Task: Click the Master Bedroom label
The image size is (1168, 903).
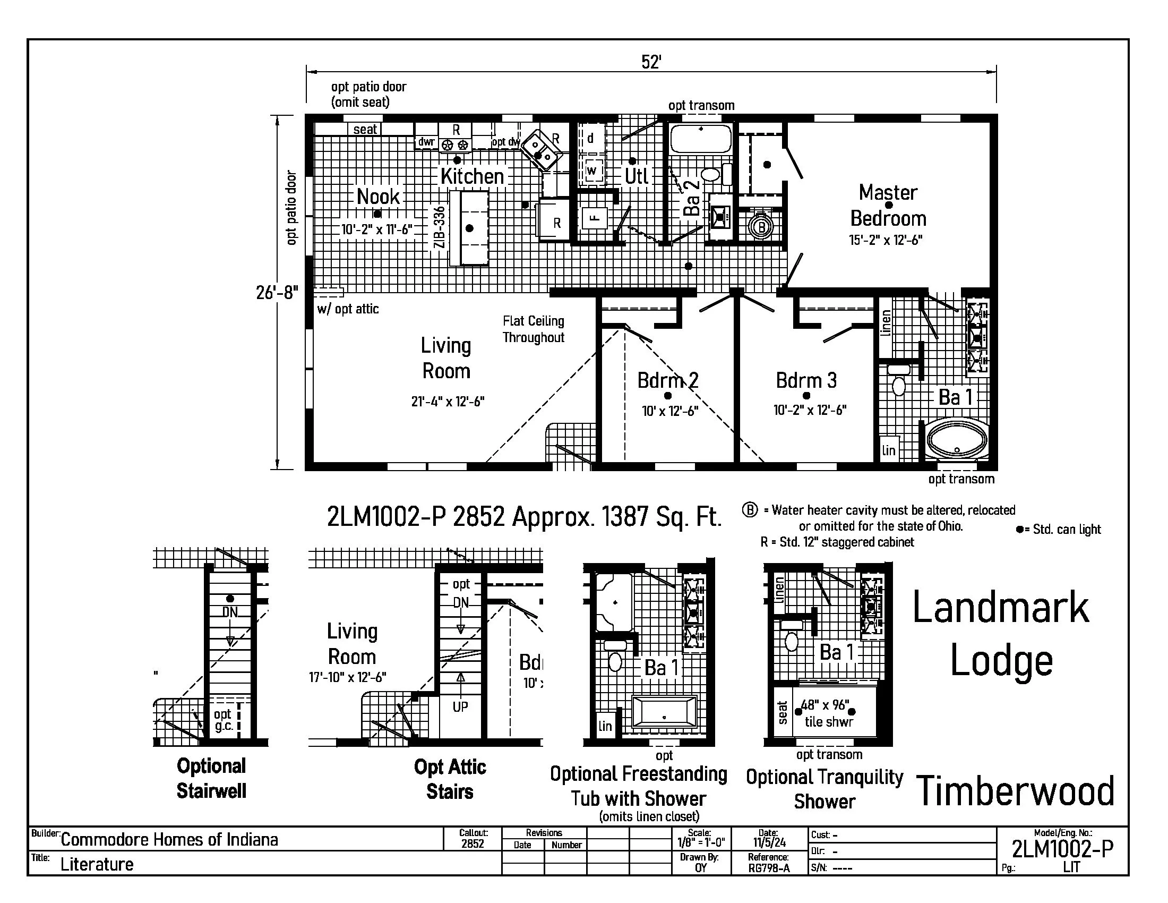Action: (x=888, y=206)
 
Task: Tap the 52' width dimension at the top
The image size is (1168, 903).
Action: (x=651, y=63)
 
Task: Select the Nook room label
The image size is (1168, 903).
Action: (x=378, y=197)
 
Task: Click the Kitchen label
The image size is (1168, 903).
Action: (x=471, y=176)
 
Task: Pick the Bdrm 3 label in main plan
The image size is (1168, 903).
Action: (x=806, y=380)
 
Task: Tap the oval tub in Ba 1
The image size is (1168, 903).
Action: (x=958, y=440)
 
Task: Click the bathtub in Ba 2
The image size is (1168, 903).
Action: (x=701, y=138)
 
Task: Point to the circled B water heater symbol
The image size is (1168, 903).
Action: (x=762, y=227)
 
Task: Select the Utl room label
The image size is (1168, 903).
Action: (x=637, y=176)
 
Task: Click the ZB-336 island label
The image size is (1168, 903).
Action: (x=439, y=227)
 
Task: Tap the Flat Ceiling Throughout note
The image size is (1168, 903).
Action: (x=533, y=329)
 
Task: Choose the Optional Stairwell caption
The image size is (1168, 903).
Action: (x=211, y=778)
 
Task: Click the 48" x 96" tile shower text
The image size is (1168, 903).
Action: (x=828, y=713)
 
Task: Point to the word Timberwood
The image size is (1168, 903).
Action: (x=1015, y=792)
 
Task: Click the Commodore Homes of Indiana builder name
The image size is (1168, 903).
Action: (x=169, y=839)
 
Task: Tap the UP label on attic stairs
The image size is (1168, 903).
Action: (x=460, y=707)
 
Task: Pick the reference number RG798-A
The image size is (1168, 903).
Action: (x=769, y=868)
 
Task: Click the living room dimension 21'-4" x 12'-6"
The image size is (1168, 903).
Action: (x=448, y=402)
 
